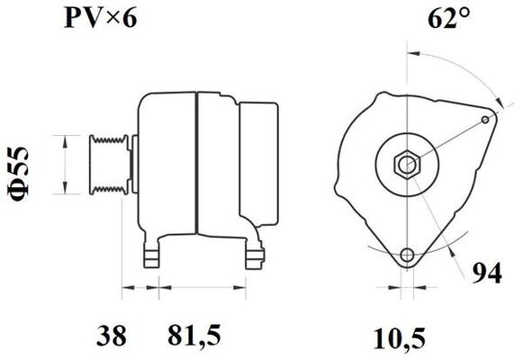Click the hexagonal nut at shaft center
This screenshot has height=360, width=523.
tap(407, 165)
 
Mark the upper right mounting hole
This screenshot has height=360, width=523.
tap(488, 117)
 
